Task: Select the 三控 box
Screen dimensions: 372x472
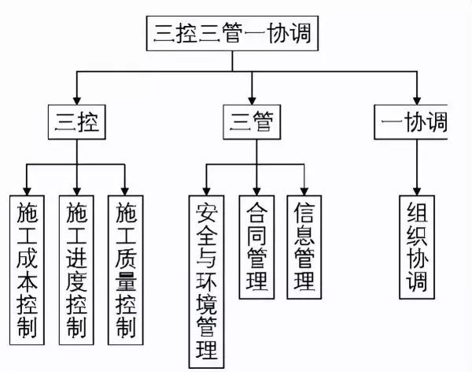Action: pos(76,122)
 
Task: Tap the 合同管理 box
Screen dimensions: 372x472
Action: pos(256,245)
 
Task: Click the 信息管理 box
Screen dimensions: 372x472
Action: pos(304,245)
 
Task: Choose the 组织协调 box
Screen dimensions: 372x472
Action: pos(416,245)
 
